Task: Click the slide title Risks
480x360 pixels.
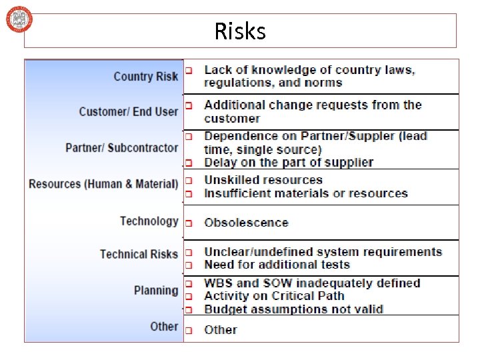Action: (x=240, y=31)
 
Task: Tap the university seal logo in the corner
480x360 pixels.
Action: (x=19, y=19)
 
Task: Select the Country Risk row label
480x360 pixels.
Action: (x=145, y=76)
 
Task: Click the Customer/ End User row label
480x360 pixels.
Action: (x=128, y=111)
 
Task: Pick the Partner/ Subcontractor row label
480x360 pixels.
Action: (x=122, y=147)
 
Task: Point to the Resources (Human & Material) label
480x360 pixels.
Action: (x=103, y=183)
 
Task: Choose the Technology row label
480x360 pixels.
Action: (x=149, y=221)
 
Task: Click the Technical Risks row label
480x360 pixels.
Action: (x=139, y=254)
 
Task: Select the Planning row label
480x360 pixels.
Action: (x=156, y=290)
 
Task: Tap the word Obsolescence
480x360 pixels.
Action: (x=246, y=223)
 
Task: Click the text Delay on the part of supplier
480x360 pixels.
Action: (x=289, y=162)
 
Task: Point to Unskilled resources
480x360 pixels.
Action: (x=263, y=180)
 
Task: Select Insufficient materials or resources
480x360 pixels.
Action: (x=305, y=193)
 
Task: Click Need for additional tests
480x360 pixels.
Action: (x=277, y=265)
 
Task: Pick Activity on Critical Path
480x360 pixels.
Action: (x=274, y=296)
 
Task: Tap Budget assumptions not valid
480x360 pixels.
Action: (x=293, y=309)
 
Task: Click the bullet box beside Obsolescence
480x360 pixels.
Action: (x=189, y=223)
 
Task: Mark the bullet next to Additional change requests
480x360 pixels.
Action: (x=189, y=105)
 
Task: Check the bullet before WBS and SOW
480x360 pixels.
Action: (x=189, y=283)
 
